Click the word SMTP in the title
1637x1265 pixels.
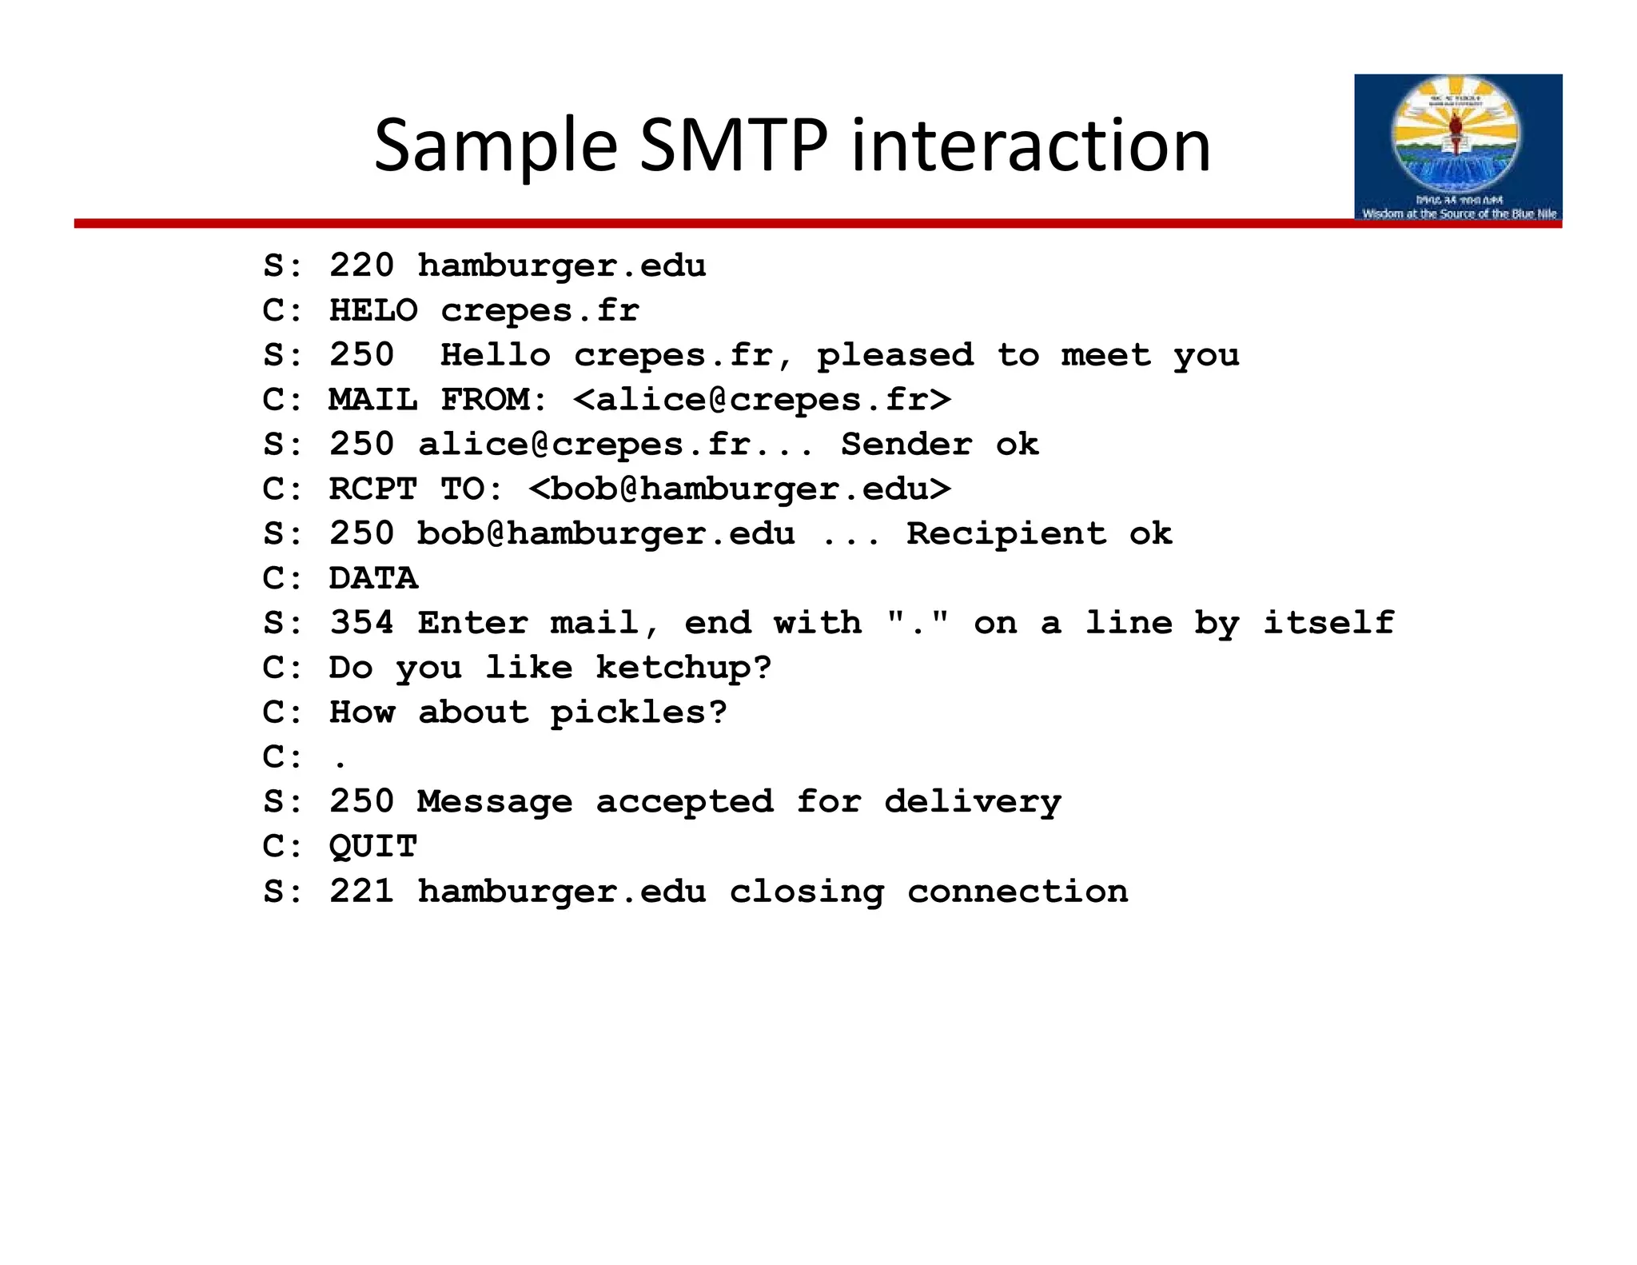click(x=733, y=146)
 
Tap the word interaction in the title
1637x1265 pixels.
click(x=1030, y=146)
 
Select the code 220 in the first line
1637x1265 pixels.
click(x=361, y=265)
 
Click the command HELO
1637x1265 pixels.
click(x=372, y=310)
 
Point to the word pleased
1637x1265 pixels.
click(x=894, y=355)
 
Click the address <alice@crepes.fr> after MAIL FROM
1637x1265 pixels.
click(x=762, y=400)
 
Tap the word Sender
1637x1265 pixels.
click(x=906, y=445)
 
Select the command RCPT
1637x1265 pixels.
click(x=372, y=489)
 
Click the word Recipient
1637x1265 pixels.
click(x=1006, y=534)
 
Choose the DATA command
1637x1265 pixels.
click(x=372, y=578)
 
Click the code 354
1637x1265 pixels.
click(x=361, y=623)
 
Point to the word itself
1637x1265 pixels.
click(x=1328, y=623)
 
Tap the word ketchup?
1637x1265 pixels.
click(x=683, y=668)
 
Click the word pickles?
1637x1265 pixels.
click(x=639, y=712)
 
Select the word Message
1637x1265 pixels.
click(x=495, y=802)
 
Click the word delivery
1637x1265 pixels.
click(x=972, y=802)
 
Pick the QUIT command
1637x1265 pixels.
click(x=372, y=847)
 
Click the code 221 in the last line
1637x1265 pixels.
click(x=361, y=892)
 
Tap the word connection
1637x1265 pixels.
click(x=1017, y=892)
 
